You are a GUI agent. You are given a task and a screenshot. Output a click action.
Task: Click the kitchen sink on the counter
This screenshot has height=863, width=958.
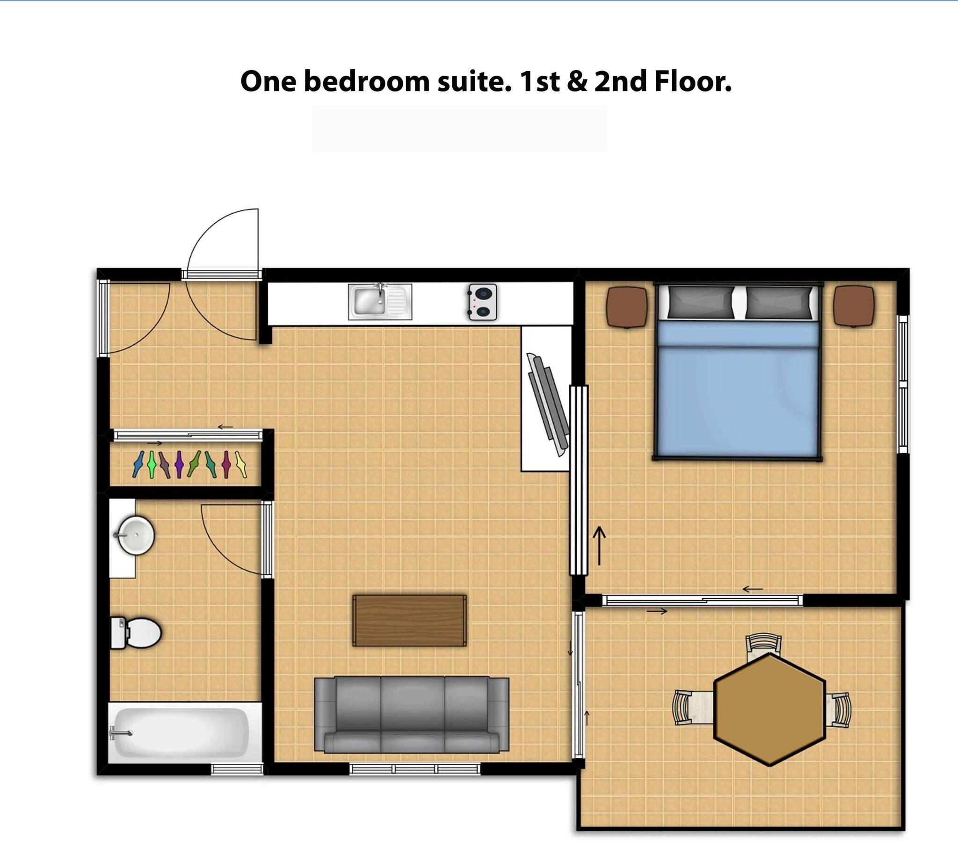380,302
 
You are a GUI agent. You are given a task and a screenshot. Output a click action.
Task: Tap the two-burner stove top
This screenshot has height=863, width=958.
483,302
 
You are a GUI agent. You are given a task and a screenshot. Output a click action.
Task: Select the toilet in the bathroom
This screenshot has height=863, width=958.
136,632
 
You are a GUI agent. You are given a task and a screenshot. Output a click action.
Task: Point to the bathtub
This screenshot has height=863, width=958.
179,732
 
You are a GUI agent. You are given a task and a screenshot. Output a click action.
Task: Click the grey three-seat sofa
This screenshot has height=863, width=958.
411,715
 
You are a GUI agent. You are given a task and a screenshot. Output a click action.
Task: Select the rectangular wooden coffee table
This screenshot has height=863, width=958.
409,621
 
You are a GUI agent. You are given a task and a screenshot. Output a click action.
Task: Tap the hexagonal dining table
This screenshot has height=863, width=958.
769,710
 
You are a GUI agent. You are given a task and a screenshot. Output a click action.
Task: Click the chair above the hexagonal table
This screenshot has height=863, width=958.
763,646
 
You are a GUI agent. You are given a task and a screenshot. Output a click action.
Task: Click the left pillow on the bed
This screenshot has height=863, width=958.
700,303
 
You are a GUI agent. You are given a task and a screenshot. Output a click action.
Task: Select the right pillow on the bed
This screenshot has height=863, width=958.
778,303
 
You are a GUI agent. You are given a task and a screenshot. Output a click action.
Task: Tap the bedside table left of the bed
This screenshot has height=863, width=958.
627,307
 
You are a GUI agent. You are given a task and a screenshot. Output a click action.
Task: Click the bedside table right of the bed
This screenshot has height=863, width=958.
854,306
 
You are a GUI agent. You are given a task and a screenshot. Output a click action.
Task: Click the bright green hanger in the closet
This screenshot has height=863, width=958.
152,464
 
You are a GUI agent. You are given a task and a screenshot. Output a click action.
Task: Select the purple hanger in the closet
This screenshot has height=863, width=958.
179,464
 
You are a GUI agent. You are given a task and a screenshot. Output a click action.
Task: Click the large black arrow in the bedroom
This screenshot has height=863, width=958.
600,546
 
